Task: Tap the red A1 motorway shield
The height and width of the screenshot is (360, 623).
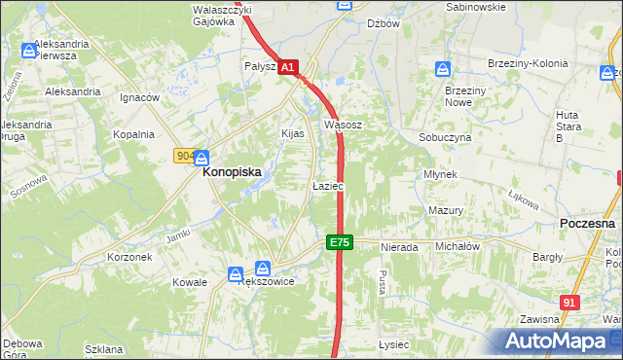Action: tap(288, 68)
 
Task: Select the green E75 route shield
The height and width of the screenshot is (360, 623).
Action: tap(338, 242)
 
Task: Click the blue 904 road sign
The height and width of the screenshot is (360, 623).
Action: tap(185, 156)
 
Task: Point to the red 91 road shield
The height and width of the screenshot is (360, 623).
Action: tap(570, 303)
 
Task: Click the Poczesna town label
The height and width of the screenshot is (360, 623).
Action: tap(588, 223)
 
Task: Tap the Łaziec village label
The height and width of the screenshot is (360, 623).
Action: tap(326, 185)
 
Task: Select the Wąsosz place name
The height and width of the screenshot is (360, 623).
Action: tap(343, 126)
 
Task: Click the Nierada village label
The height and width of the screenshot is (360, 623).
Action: tap(399, 247)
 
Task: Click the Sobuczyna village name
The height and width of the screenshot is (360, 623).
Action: tap(445, 138)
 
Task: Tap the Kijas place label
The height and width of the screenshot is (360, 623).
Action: tap(293, 133)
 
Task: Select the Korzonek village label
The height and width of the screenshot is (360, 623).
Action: tap(129, 258)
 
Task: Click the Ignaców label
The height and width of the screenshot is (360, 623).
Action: tap(139, 98)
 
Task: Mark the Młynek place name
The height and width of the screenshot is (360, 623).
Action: tap(440, 174)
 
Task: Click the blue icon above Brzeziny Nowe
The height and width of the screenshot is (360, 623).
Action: tap(443, 70)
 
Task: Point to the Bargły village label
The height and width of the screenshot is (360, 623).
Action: tap(547, 258)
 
